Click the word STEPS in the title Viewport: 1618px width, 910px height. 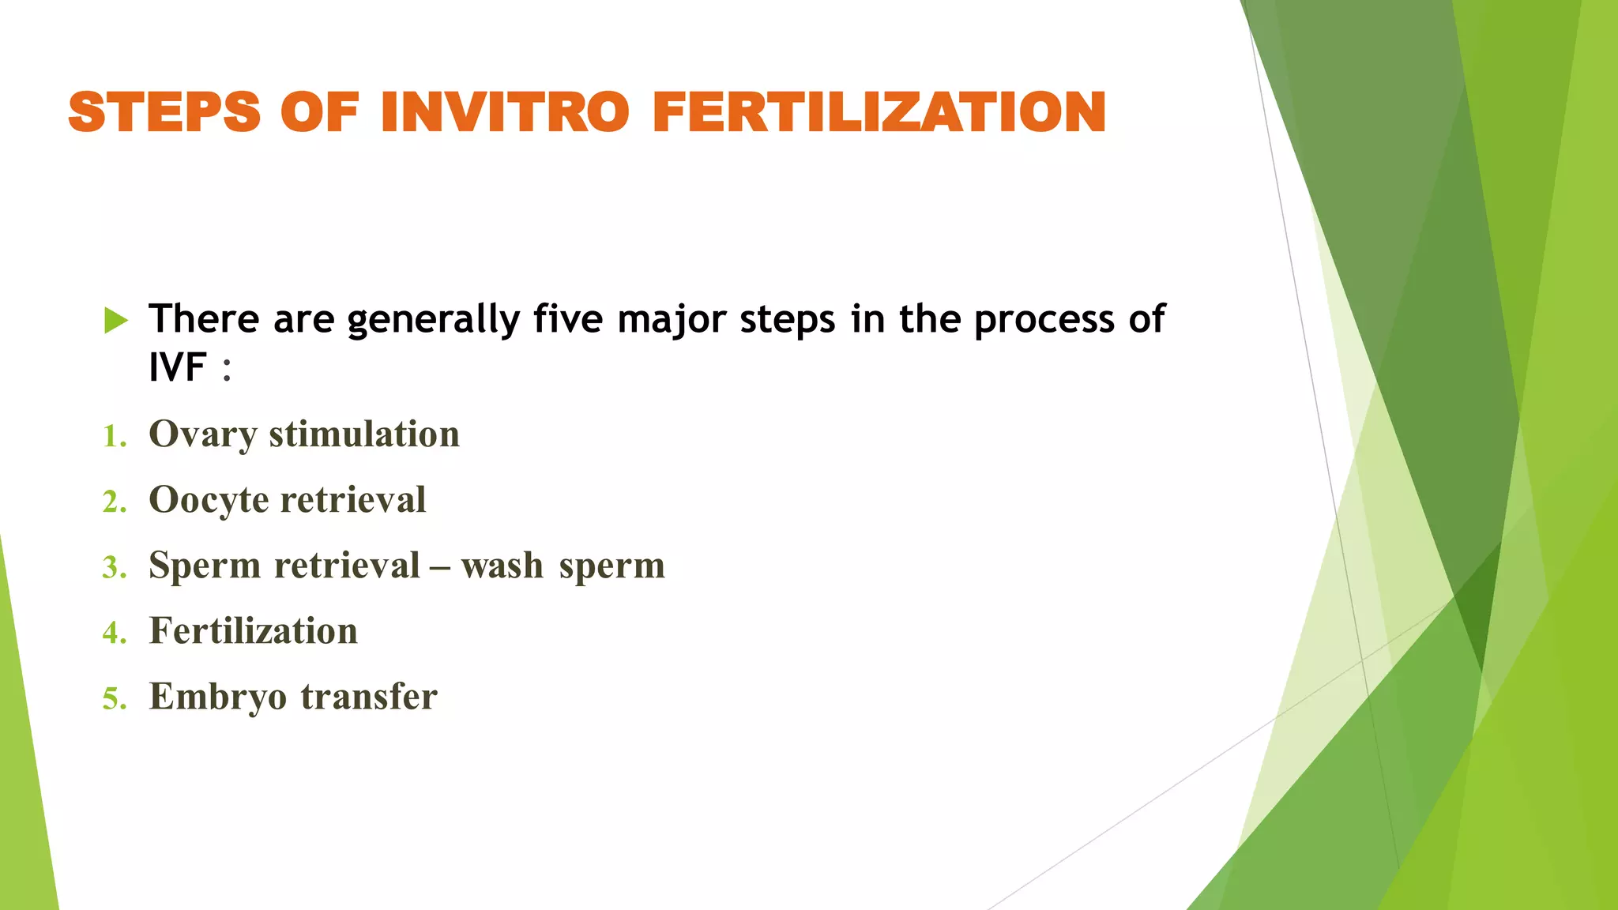pos(164,112)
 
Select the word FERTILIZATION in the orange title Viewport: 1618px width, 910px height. pos(879,112)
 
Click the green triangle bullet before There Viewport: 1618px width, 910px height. pos(115,321)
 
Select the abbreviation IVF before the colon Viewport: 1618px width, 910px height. pos(178,367)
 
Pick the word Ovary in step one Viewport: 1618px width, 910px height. pos(203,434)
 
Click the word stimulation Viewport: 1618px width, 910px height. pos(364,434)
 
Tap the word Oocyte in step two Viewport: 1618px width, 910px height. pos(209,500)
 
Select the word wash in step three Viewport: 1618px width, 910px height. pos(502,566)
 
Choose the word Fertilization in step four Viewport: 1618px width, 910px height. pos(253,631)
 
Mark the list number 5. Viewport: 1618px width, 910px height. pos(114,699)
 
